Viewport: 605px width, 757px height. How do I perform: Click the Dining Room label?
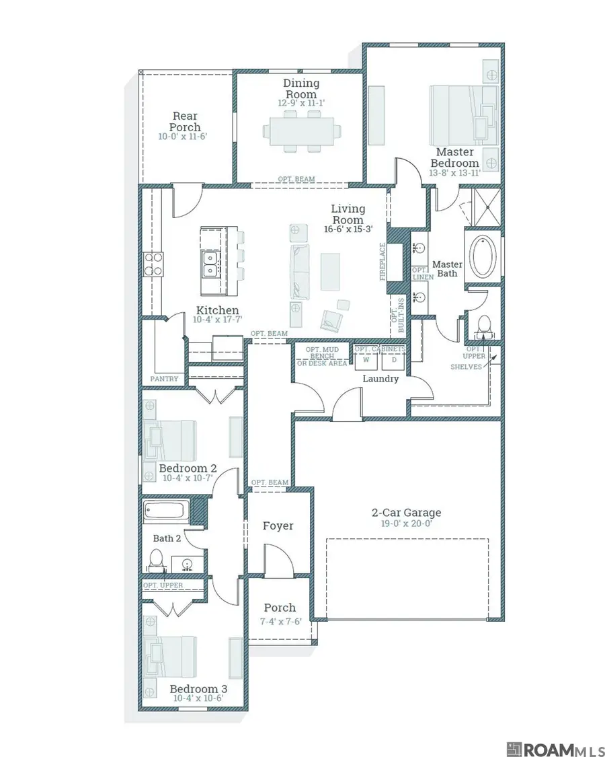tap(301, 89)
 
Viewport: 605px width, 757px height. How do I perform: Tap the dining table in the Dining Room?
tap(302, 131)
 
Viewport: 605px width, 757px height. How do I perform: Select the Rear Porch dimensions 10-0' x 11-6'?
tap(182, 137)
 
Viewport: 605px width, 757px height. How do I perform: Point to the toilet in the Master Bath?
tap(483, 326)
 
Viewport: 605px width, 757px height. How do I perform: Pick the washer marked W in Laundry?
tap(366, 361)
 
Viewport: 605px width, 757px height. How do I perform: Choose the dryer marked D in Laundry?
tap(394, 361)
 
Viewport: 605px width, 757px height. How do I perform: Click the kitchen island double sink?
tap(210, 264)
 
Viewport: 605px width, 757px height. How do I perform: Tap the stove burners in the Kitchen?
tap(153, 264)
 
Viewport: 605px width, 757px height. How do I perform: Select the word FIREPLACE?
tap(382, 262)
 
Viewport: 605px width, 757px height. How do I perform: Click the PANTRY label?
tap(164, 379)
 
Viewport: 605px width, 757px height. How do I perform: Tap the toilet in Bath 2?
tap(156, 561)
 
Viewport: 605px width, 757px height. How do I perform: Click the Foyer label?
tap(278, 526)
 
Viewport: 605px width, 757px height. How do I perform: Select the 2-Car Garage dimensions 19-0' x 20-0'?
tap(406, 524)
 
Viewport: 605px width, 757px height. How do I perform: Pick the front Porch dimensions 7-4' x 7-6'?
tap(280, 621)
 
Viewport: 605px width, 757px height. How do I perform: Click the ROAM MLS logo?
tap(555, 750)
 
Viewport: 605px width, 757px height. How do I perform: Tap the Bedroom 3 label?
tap(198, 689)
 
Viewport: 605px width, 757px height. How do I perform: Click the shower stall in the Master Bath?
tap(487, 207)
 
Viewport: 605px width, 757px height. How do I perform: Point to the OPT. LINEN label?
tap(423, 274)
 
